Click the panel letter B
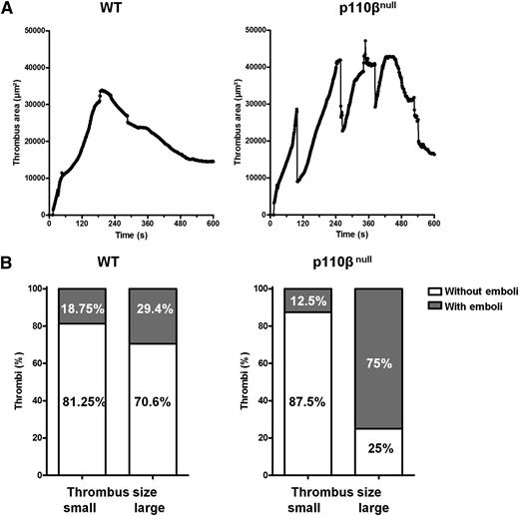pyautogui.click(x=8, y=267)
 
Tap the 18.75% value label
pyautogui.click(x=81, y=310)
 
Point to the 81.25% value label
pyautogui.click(x=81, y=406)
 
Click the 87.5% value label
pyautogui.click(x=308, y=406)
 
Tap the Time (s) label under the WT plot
pyautogui.click(x=131, y=237)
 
